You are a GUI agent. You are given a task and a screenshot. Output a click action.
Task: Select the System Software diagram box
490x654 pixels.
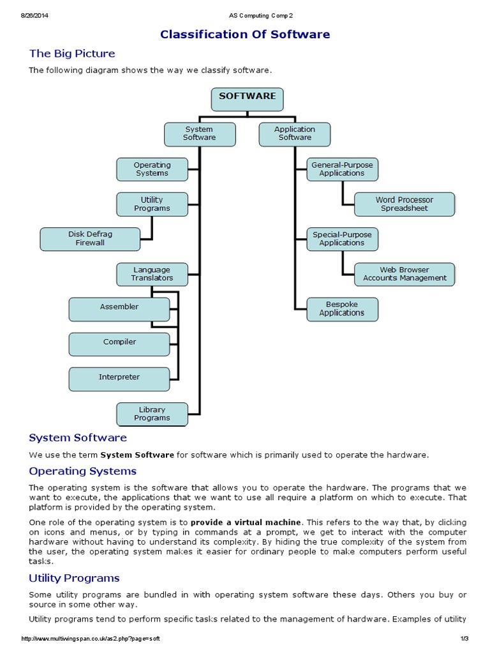pyautogui.click(x=200, y=133)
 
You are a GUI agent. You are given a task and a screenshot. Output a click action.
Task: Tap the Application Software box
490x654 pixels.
pyautogui.click(x=294, y=133)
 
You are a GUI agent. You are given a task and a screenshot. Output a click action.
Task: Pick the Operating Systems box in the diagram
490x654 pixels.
pyautogui.click(x=152, y=169)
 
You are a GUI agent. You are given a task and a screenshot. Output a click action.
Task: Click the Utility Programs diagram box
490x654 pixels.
pyautogui.click(x=152, y=204)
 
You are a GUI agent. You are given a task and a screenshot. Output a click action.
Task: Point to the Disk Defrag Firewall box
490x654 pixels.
pyautogui.click(x=90, y=239)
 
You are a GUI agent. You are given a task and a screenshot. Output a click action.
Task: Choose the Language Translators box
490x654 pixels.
pyautogui.click(x=152, y=275)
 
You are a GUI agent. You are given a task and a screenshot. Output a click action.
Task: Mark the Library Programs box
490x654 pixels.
pyautogui.click(x=152, y=414)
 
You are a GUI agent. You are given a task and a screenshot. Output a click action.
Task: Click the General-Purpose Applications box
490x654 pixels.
pyautogui.click(x=342, y=169)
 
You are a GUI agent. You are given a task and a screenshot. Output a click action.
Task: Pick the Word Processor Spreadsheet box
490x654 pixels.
pyautogui.click(x=405, y=204)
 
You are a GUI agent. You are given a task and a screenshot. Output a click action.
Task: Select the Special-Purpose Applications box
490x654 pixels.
pyautogui.click(x=342, y=239)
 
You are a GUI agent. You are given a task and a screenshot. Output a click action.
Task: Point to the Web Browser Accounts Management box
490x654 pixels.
pyautogui.click(x=405, y=275)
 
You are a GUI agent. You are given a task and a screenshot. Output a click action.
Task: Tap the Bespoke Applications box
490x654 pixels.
pyautogui.click(x=342, y=309)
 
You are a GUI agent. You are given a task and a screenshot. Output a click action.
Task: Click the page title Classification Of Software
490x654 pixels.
pyautogui.click(x=245, y=34)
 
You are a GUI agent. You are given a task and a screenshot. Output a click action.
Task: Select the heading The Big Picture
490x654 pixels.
pyautogui.click(x=72, y=54)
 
